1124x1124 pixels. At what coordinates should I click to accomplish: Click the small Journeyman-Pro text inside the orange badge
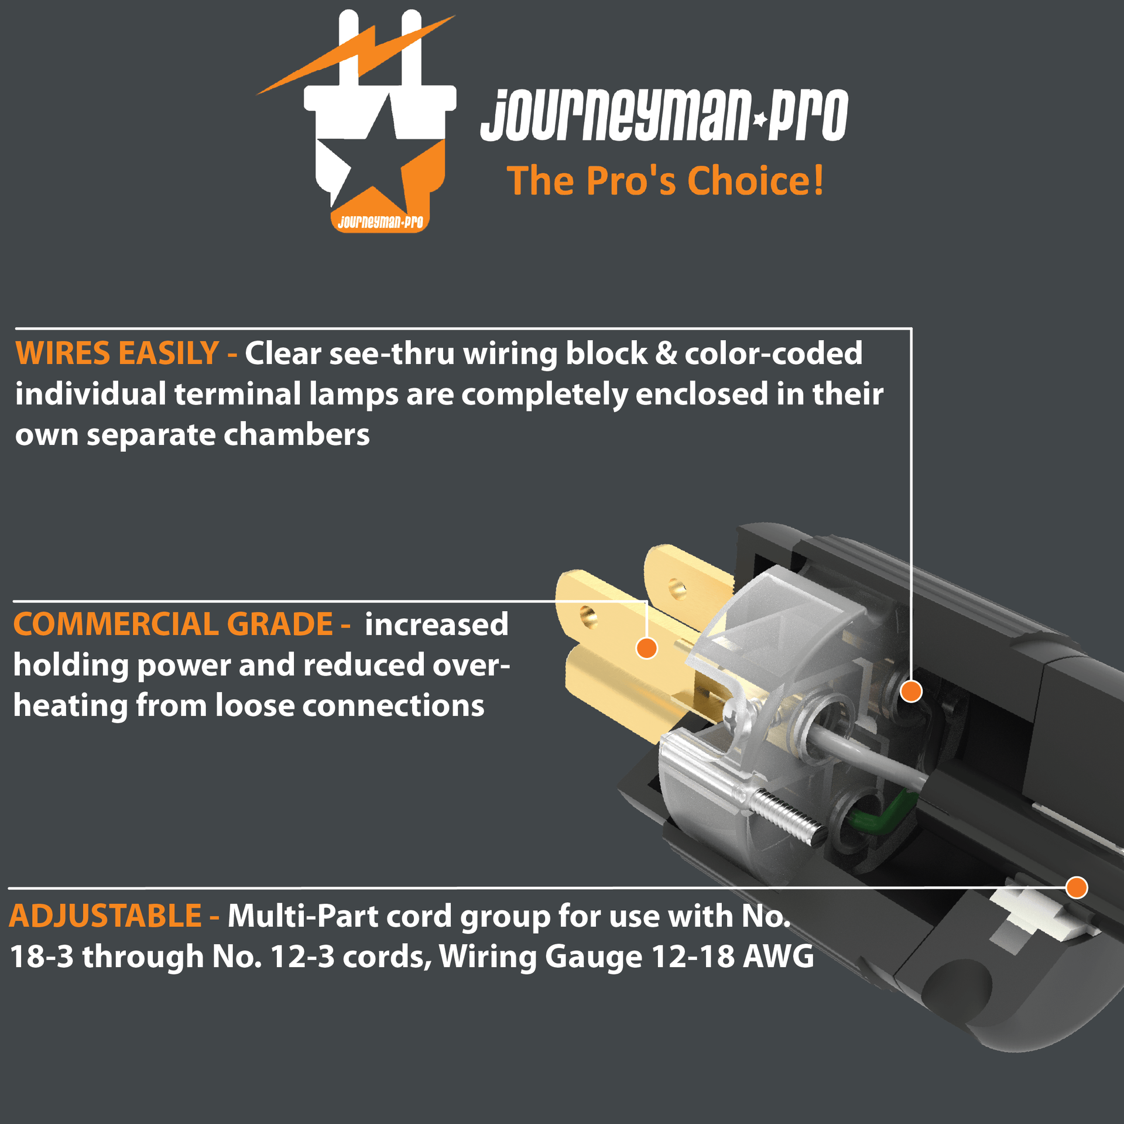[x=381, y=222]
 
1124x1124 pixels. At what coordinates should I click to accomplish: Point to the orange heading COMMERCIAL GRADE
[x=173, y=624]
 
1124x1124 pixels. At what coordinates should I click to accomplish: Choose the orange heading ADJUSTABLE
[x=105, y=916]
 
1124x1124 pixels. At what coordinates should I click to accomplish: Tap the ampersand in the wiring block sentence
[x=666, y=354]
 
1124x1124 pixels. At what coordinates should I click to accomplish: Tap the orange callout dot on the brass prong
[x=646, y=648]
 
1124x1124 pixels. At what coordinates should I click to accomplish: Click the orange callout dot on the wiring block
[x=911, y=691]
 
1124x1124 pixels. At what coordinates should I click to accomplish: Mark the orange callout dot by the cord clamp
[x=1077, y=887]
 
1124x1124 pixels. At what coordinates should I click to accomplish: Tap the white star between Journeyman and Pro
[x=760, y=119]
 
